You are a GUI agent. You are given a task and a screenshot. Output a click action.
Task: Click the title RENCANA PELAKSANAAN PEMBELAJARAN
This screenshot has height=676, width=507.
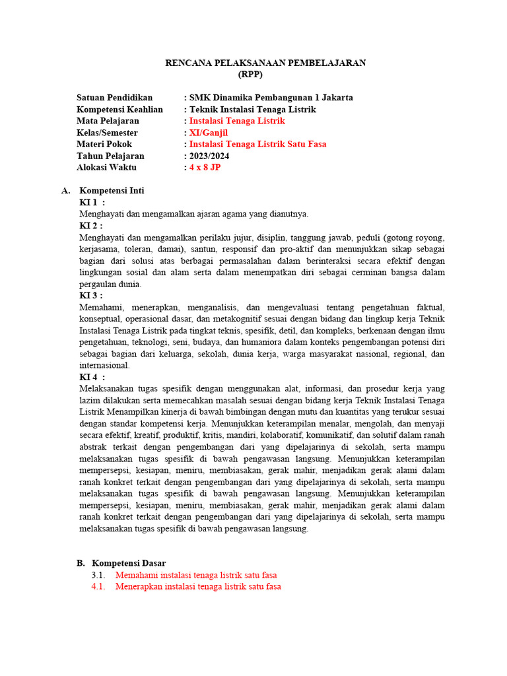pos(265,63)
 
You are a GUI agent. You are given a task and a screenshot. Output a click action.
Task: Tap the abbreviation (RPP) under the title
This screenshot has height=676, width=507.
pos(250,74)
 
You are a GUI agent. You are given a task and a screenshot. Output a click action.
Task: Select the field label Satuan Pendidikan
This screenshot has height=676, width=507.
pos(114,98)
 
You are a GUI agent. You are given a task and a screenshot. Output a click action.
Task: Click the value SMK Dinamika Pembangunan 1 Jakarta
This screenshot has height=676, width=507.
pos(271,98)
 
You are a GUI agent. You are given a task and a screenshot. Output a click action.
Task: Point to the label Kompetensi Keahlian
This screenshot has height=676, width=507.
pos(119,110)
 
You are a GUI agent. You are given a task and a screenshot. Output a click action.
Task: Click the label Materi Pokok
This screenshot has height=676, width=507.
pos(104,145)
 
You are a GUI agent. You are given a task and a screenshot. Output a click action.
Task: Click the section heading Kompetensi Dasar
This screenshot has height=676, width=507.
pos(129,563)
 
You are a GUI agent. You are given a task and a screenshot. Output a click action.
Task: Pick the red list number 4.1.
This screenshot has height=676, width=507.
pos(98,586)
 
